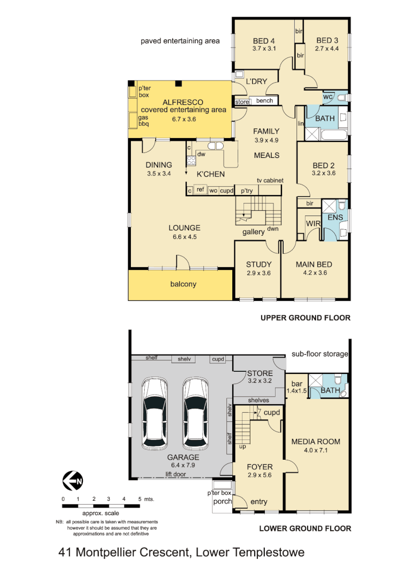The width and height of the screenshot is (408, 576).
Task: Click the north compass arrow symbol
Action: tap(73, 482)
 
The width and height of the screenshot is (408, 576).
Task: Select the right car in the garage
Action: tap(195, 414)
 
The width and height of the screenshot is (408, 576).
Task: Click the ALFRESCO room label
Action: tap(183, 102)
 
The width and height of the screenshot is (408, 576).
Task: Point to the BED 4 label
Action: tap(263, 41)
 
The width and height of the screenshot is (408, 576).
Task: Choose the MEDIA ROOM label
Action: tap(316, 442)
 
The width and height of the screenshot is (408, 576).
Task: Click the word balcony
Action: tap(183, 284)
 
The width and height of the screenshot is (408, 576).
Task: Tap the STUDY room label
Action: tap(258, 265)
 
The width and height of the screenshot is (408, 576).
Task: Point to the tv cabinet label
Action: tap(270, 181)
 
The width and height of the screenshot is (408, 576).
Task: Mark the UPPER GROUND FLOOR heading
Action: tap(305, 318)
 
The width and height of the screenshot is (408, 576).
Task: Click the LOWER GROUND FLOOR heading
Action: tap(305, 529)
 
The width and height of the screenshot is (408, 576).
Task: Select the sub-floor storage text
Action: tap(320, 354)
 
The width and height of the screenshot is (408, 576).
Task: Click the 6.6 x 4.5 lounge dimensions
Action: tap(184, 236)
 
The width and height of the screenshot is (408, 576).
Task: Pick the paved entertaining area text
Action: tap(180, 41)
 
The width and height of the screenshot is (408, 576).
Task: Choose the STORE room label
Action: tap(260, 373)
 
